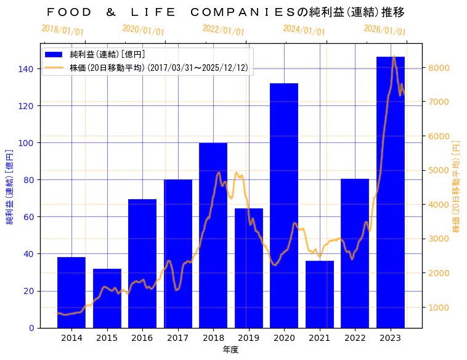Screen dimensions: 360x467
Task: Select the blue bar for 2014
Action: [x=71, y=292]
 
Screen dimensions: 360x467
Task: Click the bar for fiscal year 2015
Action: [x=107, y=298]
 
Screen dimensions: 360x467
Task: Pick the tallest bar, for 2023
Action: [x=391, y=192]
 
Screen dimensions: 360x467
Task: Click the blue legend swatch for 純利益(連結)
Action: [x=57, y=54]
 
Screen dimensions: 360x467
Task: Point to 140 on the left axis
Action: [x=26, y=69]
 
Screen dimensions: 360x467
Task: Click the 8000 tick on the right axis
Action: [x=439, y=68]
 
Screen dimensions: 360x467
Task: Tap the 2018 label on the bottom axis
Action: [x=213, y=338]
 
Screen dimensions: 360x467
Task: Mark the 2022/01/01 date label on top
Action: [x=223, y=31]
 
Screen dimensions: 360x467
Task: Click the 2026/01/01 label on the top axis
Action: [x=384, y=30]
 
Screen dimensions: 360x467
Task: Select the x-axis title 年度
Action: [x=230, y=350]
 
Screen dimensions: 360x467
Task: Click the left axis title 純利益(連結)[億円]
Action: [x=10, y=185]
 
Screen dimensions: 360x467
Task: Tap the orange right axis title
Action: [x=456, y=185]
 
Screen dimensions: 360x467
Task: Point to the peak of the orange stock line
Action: [x=394, y=57]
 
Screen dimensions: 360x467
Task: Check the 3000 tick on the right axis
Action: [x=439, y=239]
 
